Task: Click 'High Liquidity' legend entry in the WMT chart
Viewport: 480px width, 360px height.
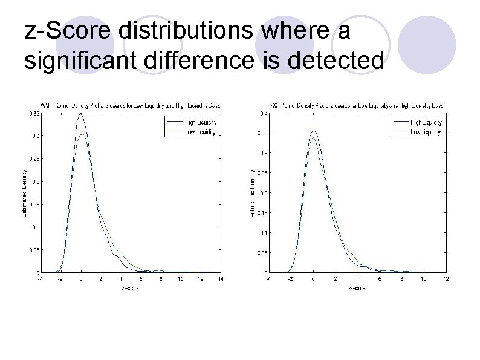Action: (199, 123)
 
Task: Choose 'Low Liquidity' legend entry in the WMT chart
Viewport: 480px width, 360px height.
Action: (199, 131)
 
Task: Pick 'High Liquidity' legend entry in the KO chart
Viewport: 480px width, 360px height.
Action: (426, 123)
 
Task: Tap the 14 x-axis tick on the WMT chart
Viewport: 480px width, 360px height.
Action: (221, 279)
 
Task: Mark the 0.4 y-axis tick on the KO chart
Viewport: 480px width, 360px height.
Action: (264, 113)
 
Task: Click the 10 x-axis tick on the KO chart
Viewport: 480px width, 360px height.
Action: (424, 279)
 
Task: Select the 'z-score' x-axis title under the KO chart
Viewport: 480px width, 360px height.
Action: (357, 288)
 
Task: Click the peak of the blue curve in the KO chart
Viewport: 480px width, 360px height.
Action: (313, 131)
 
